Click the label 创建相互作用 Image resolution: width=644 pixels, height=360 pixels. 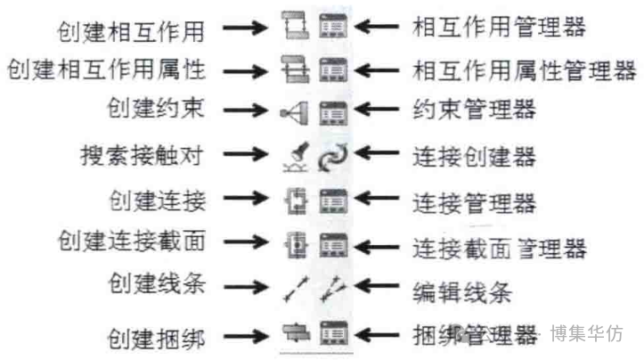click(131, 32)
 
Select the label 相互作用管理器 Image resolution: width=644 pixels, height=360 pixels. click(499, 27)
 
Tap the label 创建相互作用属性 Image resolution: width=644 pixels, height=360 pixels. click(106, 69)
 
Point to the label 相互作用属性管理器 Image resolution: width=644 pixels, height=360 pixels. click(525, 70)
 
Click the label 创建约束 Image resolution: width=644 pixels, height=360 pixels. click(156, 108)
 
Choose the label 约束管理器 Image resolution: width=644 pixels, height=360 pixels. click(475, 110)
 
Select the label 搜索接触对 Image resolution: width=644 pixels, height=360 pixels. click(142, 156)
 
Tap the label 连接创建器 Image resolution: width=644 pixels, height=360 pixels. click(475, 157)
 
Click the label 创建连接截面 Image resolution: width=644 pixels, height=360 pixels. click(132, 241)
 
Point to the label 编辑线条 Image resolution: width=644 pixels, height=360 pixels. click(462, 292)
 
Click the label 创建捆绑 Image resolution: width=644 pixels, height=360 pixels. click(156, 339)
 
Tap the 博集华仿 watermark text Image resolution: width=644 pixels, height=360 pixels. click(586, 333)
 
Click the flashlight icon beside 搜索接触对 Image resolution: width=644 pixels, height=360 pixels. click(296, 157)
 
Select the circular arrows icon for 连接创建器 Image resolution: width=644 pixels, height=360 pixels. click(332, 157)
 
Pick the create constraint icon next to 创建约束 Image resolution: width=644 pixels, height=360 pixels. click(295, 112)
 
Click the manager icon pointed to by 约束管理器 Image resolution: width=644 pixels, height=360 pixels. click(333, 112)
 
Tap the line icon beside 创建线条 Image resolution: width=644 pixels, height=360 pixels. click(296, 289)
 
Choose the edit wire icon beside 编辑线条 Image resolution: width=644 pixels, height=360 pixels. click(333, 289)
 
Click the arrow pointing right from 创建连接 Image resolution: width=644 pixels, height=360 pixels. click(245, 198)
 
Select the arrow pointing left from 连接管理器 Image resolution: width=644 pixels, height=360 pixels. click(376, 198)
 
